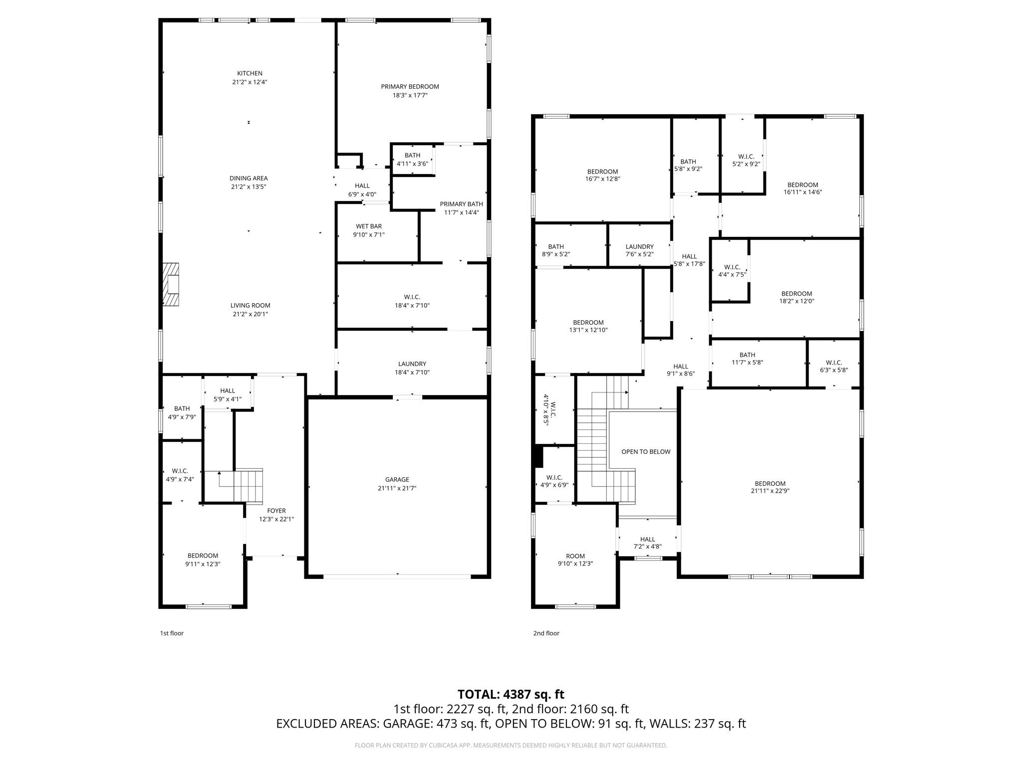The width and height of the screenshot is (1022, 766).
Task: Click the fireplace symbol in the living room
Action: click(171, 284)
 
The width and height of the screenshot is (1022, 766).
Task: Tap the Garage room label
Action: click(397, 480)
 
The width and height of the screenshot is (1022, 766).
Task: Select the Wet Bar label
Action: click(369, 226)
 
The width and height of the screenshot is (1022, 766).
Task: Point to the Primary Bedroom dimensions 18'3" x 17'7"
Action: click(410, 95)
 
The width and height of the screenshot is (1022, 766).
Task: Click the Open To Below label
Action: click(646, 452)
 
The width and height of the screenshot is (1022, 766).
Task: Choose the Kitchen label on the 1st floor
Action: click(250, 73)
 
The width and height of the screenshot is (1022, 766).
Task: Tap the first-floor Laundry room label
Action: click(412, 364)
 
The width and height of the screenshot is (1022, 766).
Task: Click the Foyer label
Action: click(276, 511)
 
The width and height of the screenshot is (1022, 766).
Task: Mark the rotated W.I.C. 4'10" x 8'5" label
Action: click(549, 409)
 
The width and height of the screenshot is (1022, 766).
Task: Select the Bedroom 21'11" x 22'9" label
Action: click(770, 487)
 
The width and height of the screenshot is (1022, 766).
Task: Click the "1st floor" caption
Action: click(172, 633)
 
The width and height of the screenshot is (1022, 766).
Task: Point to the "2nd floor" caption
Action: click(546, 633)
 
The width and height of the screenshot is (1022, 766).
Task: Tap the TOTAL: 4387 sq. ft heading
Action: click(511, 694)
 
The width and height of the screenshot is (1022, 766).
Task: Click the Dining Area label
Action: click(249, 178)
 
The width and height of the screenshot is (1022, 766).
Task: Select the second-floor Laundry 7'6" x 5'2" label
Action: click(639, 250)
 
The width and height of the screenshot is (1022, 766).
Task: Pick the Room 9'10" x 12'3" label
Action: click(575, 560)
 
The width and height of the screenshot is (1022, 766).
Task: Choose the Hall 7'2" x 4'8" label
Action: click(647, 543)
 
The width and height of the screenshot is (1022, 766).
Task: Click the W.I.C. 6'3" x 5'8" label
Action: click(833, 366)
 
